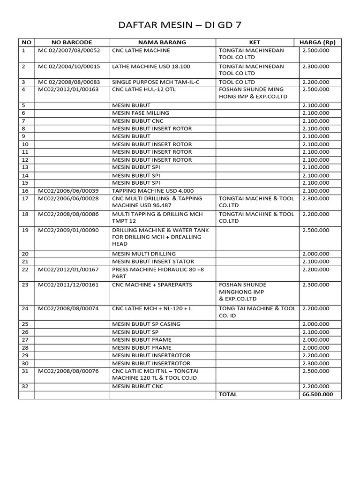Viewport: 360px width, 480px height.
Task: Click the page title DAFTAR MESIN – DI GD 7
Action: [x=180, y=24]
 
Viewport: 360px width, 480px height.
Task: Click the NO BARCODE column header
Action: [x=72, y=42]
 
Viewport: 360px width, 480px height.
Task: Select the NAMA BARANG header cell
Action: [x=162, y=42]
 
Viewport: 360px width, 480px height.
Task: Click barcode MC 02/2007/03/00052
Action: [x=69, y=50]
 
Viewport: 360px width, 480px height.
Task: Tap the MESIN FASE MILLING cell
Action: [x=141, y=113]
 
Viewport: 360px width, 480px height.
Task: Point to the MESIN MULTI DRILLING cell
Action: [x=144, y=254]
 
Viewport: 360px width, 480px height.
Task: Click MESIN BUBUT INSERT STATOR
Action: [x=153, y=262]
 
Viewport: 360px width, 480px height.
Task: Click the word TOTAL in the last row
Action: [x=228, y=394]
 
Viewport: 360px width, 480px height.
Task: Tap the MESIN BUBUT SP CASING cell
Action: [x=146, y=324]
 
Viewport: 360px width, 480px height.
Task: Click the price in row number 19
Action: [x=315, y=231]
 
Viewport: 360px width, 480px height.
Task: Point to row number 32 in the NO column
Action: [x=25, y=386]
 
